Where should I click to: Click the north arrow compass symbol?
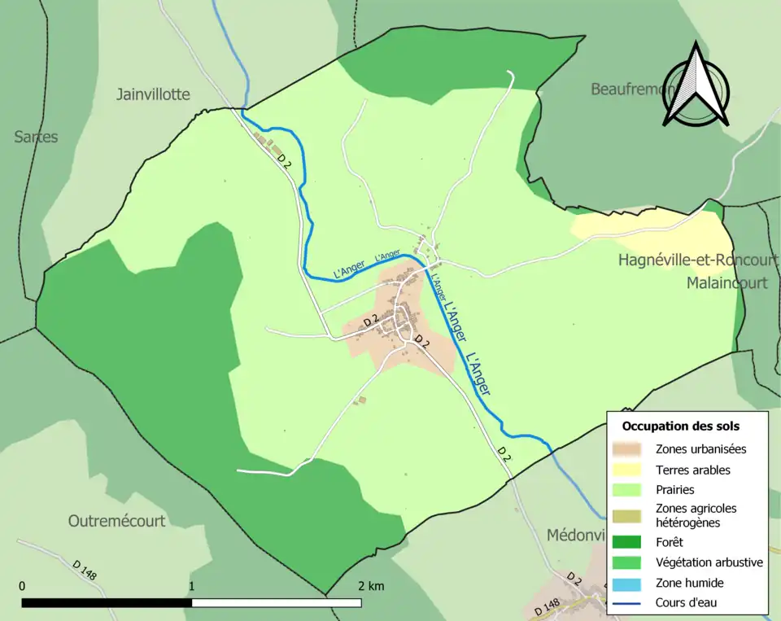click(x=695, y=85)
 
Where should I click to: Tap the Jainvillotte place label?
click(x=153, y=94)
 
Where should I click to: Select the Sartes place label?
click(x=36, y=137)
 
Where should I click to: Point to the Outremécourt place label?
click(x=116, y=521)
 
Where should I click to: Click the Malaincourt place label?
click(x=726, y=283)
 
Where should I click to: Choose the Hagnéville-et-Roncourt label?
click(x=698, y=260)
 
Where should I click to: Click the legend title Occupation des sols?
click(x=681, y=426)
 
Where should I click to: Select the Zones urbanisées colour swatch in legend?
click(x=630, y=448)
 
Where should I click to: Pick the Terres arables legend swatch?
click(x=630, y=470)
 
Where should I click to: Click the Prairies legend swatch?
click(x=630, y=490)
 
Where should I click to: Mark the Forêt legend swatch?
click(x=630, y=541)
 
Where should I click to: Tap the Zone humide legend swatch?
click(x=630, y=583)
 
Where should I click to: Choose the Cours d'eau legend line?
click(x=630, y=603)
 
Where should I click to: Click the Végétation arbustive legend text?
click(x=709, y=562)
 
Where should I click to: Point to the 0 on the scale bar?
click(x=22, y=586)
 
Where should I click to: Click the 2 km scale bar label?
click(x=370, y=586)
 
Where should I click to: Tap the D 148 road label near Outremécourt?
click(x=84, y=570)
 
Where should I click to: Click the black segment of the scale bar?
click(x=107, y=603)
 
